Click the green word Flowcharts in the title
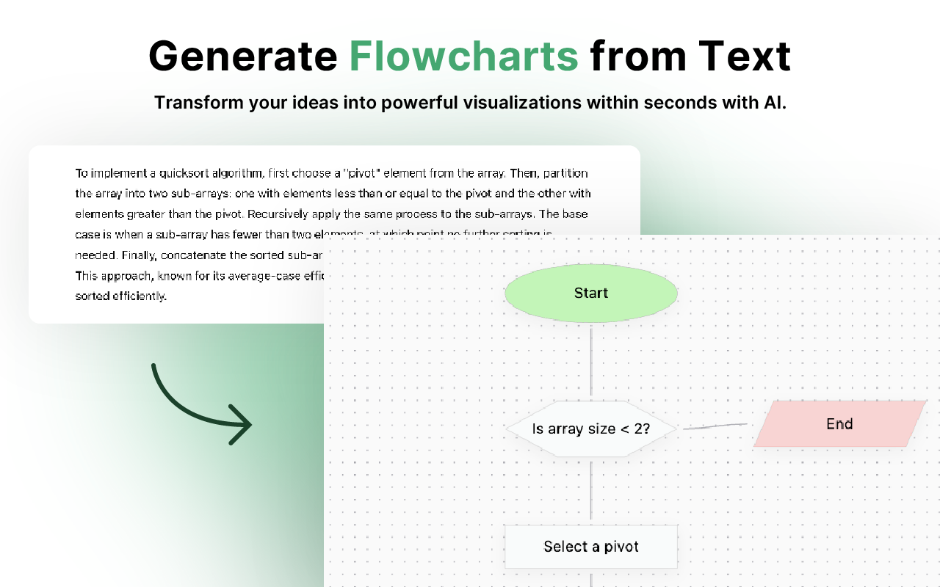pos(463,56)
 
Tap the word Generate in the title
pos(243,56)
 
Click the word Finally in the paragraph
pos(137,255)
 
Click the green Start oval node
pos(590,293)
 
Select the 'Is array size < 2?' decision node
pos(590,429)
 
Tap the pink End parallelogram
pos(839,424)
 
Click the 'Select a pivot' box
pos(590,547)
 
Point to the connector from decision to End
pos(714,426)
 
